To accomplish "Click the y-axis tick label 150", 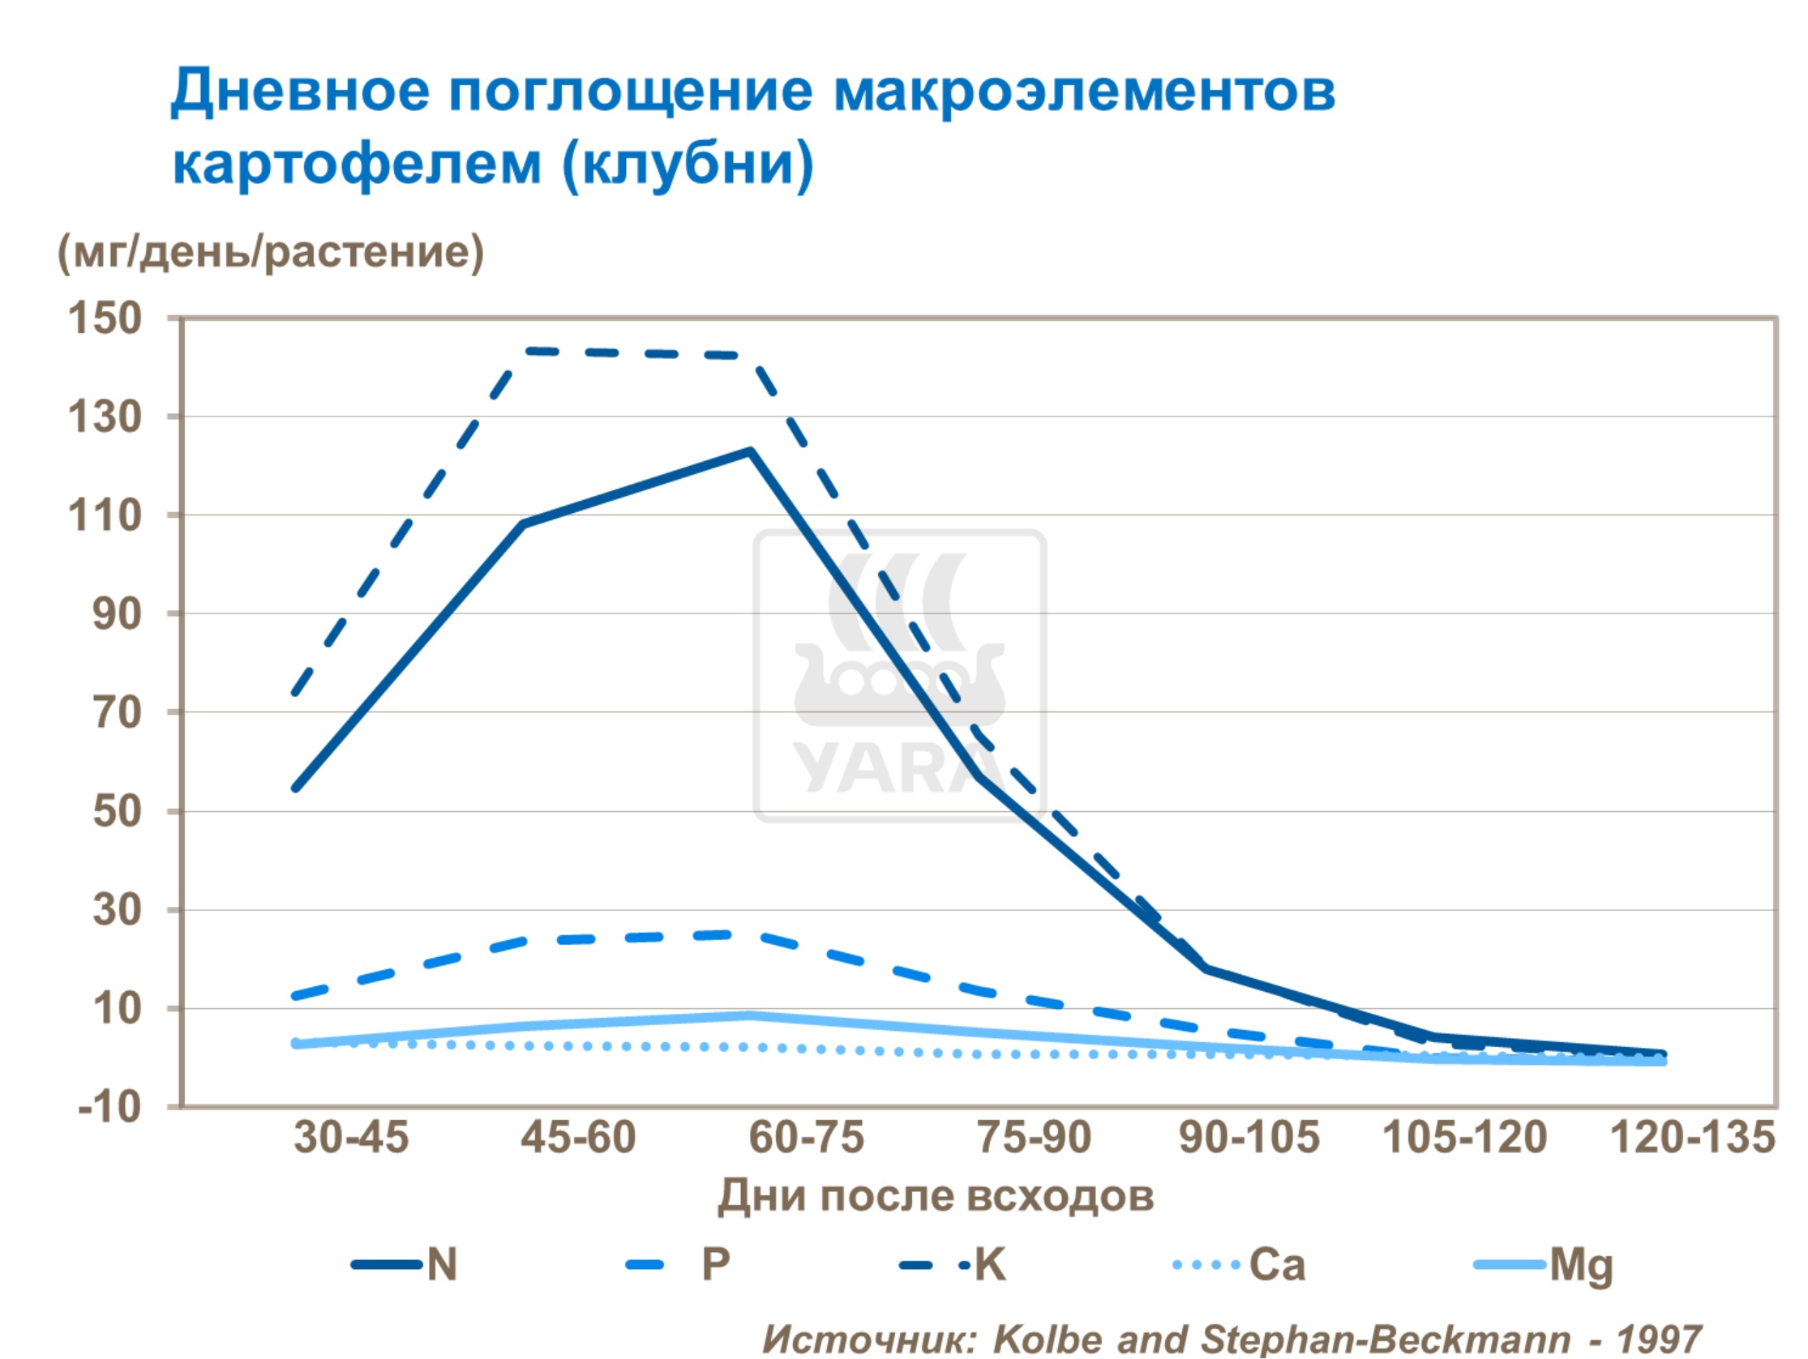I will [x=105, y=318].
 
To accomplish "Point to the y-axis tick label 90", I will [x=117, y=613].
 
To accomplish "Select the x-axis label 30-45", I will [x=350, y=1137].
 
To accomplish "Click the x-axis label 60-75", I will [x=806, y=1137].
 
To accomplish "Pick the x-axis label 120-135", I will [x=1692, y=1137].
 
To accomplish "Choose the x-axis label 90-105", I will [x=1249, y=1137].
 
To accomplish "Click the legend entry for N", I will [x=441, y=1264].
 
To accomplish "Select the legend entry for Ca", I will [x=1277, y=1264].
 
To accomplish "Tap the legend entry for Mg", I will [x=1581, y=1266].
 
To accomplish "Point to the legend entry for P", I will [x=715, y=1264].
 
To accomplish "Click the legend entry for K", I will [x=990, y=1264].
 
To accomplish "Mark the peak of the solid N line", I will [x=749, y=451].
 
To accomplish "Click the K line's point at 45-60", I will [x=528, y=352].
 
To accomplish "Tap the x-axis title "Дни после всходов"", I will [x=935, y=1195].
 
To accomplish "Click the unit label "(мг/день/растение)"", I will [x=271, y=252].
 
